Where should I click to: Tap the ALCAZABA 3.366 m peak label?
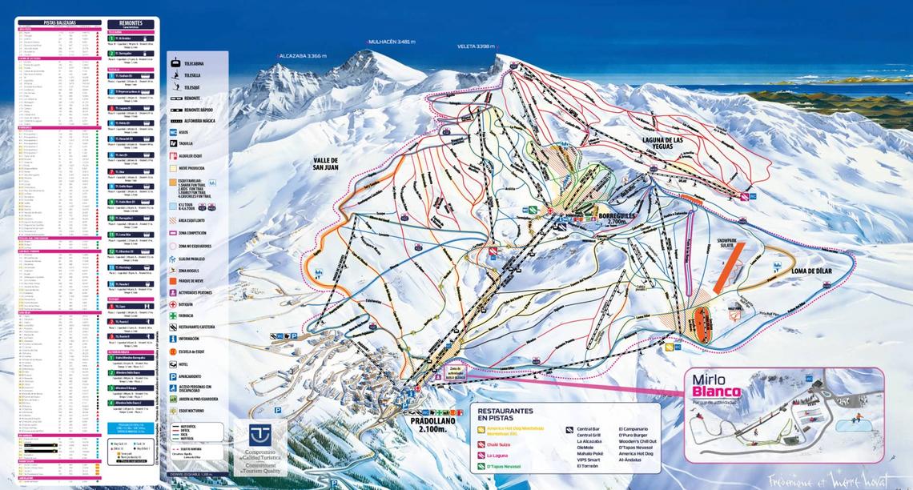pyautogui.click(x=304, y=56)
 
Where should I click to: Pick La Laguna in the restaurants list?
pyautogui.click(x=497, y=455)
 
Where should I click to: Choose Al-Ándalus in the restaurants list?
pyautogui.click(x=630, y=460)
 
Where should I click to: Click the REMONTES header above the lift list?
pyautogui.click(x=131, y=24)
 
